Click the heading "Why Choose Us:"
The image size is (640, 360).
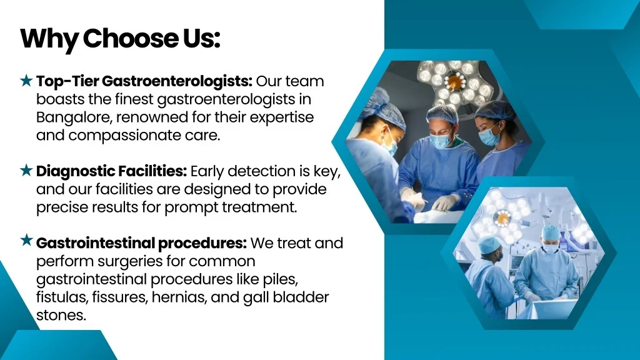click(x=120, y=39)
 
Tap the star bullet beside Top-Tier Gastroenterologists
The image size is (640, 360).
click(x=26, y=81)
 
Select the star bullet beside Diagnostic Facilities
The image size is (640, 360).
click(x=26, y=170)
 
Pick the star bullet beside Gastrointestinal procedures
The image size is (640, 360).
click(x=26, y=240)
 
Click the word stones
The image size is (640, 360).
click(x=61, y=315)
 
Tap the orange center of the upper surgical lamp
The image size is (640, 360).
click(x=454, y=82)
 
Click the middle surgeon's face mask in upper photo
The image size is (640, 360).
click(x=440, y=141)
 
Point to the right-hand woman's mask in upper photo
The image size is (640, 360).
click(x=489, y=136)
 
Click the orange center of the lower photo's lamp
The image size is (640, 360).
click(x=503, y=219)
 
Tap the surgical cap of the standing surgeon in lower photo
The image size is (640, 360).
click(x=551, y=232)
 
